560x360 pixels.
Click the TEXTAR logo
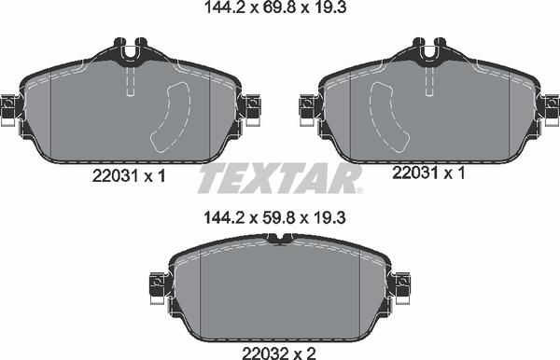click(279, 179)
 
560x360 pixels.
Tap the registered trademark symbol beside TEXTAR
click(359, 191)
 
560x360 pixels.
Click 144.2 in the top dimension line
click(224, 7)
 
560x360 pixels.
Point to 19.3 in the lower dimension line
click(329, 217)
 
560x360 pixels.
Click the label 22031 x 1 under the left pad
click(129, 175)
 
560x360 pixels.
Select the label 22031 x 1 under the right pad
click(428, 173)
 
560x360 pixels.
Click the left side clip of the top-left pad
click(9, 109)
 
